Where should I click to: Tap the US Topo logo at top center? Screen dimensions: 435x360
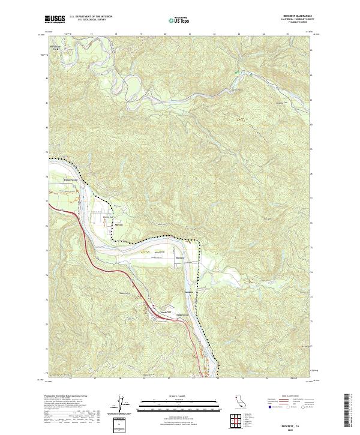[x=175, y=20]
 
